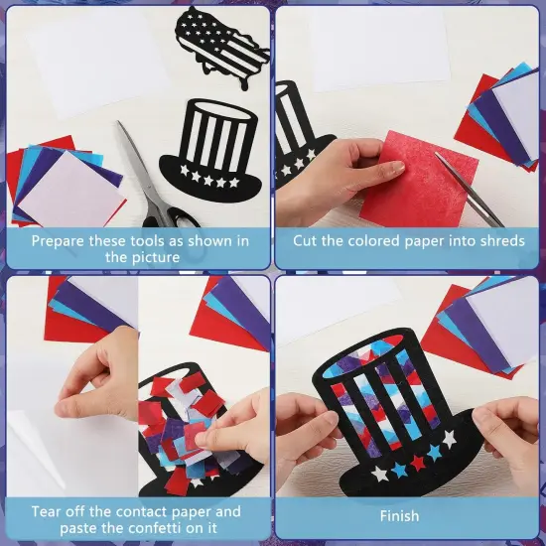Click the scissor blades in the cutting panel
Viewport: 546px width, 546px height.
pos(467,194)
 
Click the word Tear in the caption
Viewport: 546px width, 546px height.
pos(48,511)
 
